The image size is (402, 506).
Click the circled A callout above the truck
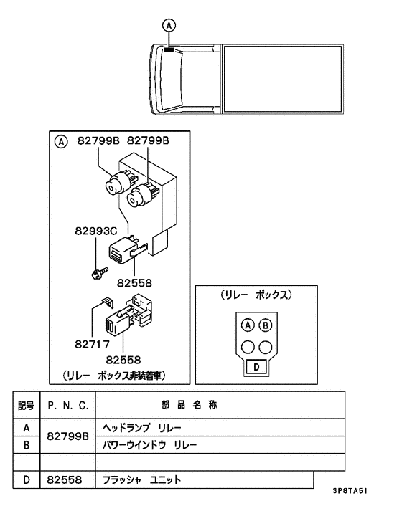click(169, 26)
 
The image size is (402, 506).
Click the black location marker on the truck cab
click(169, 49)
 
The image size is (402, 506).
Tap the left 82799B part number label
click(98, 140)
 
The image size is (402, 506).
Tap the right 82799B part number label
click(148, 140)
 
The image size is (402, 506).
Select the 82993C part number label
click(96, 231)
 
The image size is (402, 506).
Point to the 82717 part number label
click(93, 344)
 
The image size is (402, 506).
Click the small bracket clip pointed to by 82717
click(107, 302)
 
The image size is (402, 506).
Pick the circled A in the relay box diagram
click(248, 325)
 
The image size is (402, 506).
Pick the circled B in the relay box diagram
click(266, 325)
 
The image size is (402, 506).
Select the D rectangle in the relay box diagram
click(256, 367)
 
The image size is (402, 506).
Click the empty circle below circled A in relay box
click(248, 347)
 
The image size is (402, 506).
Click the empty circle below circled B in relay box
click(266, 347)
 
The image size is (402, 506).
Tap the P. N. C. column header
click(68, 406)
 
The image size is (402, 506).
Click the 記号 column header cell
click(26, 406)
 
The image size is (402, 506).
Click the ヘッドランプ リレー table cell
click(220, 428)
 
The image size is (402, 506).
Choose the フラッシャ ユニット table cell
click(205, 480)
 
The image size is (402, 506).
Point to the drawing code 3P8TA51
click(350, 491)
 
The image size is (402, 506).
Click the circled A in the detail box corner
click(61, 142)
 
